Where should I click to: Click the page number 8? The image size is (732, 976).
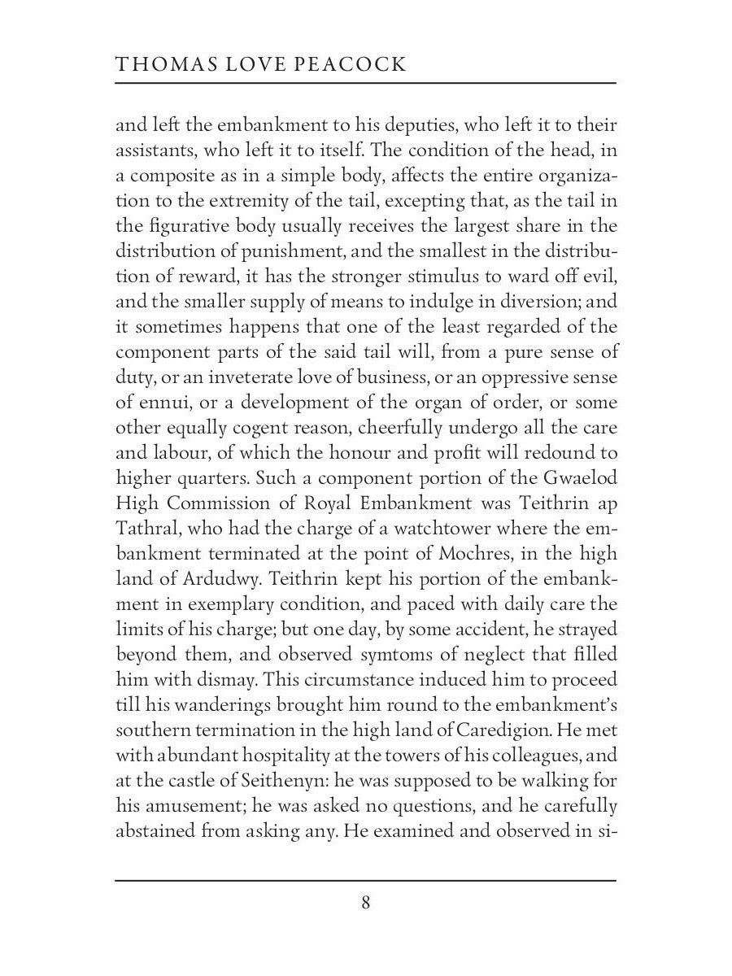pos(366,903)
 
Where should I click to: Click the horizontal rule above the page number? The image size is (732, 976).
pos(366,880)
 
